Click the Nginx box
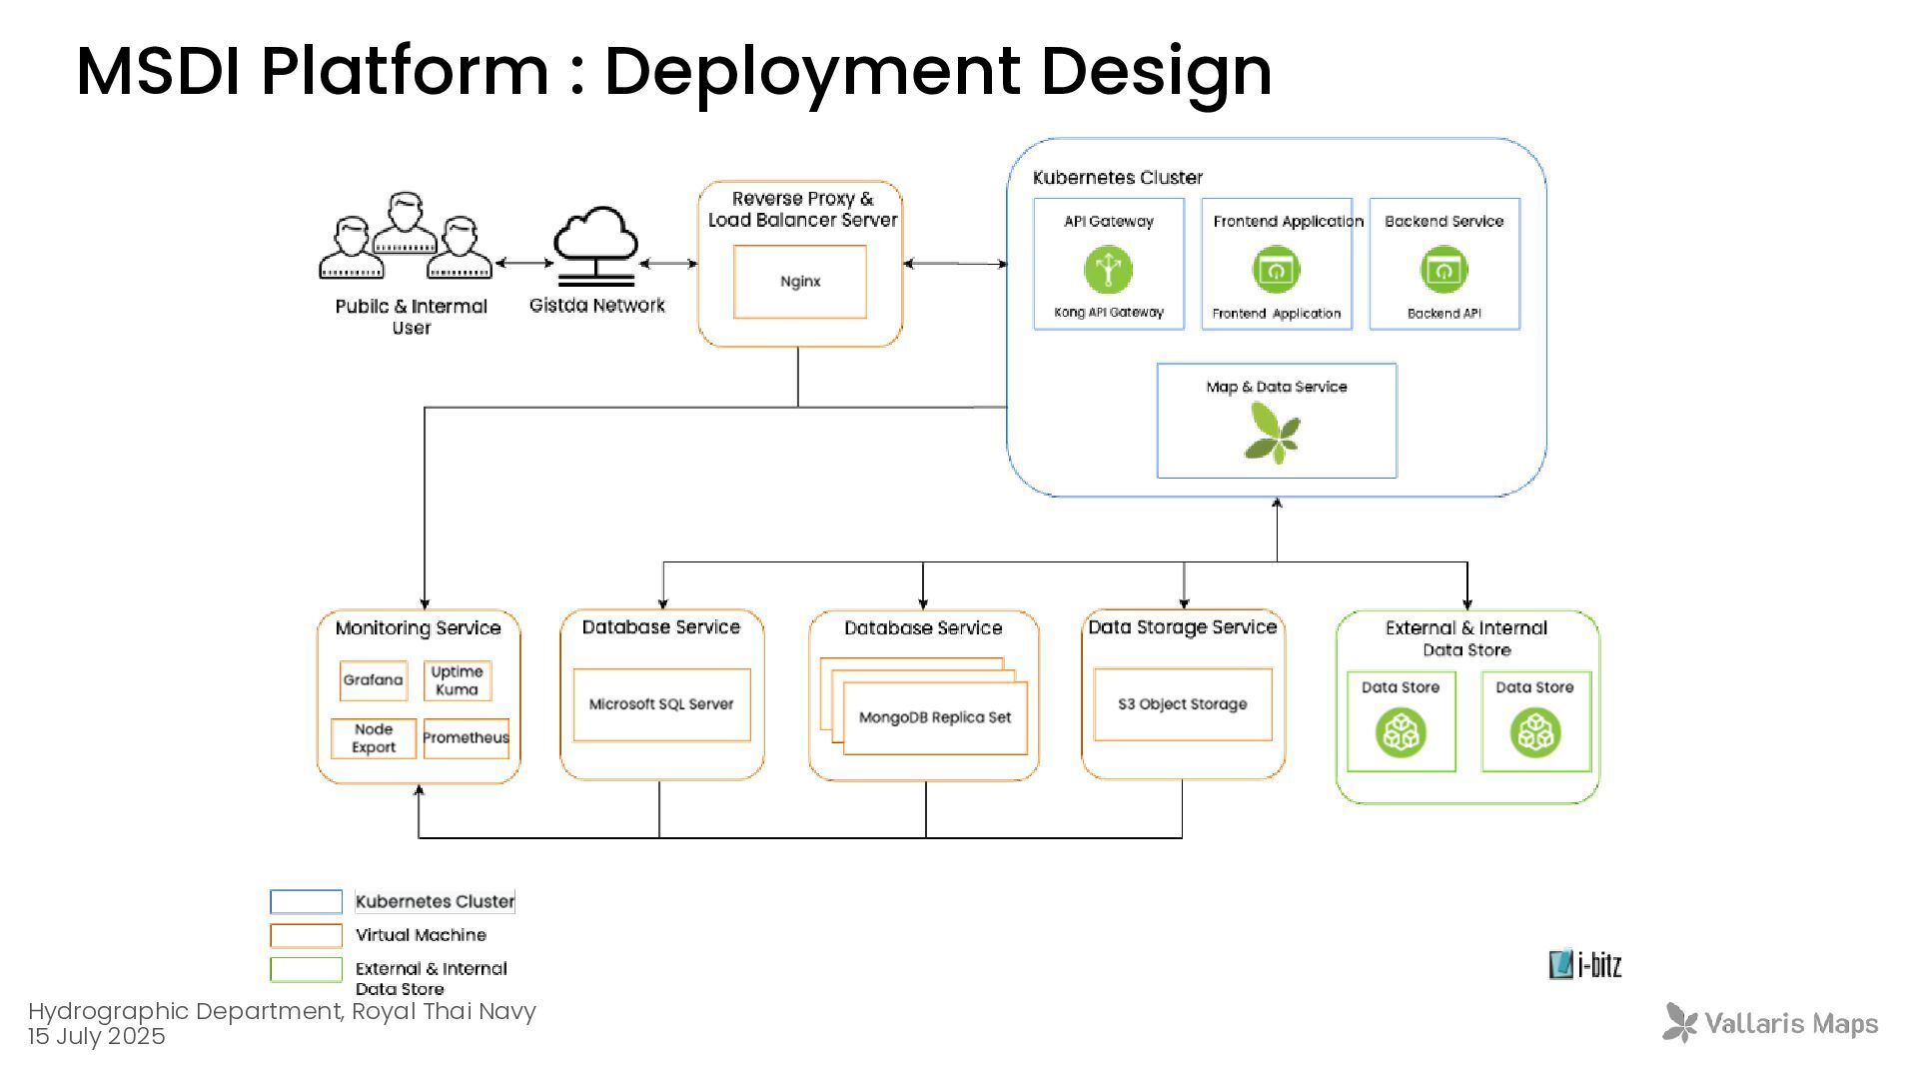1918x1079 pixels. coord(800,282)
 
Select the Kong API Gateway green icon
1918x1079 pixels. coord(1109,270)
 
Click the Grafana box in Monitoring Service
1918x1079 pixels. coord(374,680)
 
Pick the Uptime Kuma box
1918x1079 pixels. coord(458,680)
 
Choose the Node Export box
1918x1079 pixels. coord(374,738)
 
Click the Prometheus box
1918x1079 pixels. coord(467,738)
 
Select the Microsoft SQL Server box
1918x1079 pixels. coord(661,704)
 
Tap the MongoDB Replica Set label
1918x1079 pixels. coord(935,717)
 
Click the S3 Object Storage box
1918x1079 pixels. coord(1183,704)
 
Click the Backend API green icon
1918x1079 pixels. coord(1444,270)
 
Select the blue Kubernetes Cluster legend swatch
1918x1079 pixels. coord(307,901)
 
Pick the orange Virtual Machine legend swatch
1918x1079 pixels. coord(307,935)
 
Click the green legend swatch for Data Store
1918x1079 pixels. coord(307,969)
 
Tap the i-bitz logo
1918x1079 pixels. coord(1585,964)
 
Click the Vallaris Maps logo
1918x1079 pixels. coord(1770,1023)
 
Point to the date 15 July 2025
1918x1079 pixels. coord(97,1036)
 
